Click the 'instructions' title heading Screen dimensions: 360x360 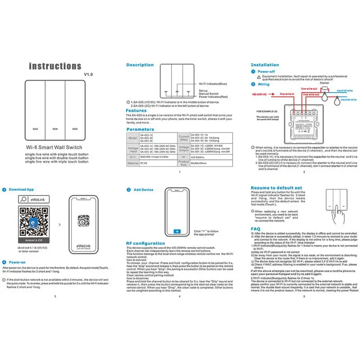click(55, 66)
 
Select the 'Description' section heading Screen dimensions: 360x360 click(140, 65)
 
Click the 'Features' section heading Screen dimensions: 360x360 click(136, 110)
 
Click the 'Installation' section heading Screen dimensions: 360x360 click(265, 65)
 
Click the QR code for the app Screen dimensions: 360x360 click(31, 222)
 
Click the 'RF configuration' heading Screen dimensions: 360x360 click(145, 243)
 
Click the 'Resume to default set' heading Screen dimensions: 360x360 click(276, 188)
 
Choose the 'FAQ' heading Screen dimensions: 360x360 click(255, 229)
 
